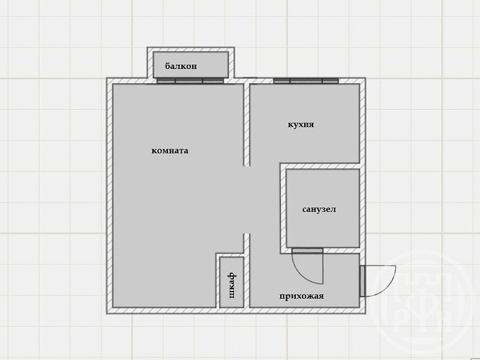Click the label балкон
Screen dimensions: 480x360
[181, 66]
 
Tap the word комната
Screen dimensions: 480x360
[170, 151]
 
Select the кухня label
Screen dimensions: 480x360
[301, 125]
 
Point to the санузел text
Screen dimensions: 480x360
[319, 209]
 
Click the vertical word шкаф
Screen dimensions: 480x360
[232, 286]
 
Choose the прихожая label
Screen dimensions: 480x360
[302, 296]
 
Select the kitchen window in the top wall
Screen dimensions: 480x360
[306, 81]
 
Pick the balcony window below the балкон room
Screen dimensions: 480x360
[190, 81]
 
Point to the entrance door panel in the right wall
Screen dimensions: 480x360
[362, 281]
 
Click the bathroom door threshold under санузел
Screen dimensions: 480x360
[307, 250]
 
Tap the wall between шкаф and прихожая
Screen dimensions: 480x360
[247, 271]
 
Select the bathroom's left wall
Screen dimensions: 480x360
[283, 208]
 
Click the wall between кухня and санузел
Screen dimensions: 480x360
[320, 166]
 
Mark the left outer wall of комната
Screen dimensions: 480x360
[110, 196]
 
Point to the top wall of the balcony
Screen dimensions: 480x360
[191, 50]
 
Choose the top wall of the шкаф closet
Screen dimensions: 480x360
[230, 254]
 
